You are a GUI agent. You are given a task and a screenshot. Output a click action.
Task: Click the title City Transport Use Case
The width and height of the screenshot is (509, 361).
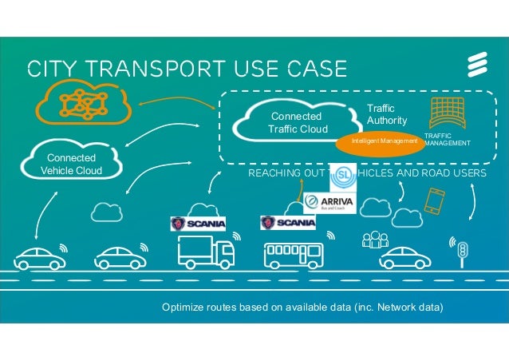coord(187,68)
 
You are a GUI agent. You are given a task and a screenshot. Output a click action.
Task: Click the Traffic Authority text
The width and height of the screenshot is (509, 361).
coord(387,113)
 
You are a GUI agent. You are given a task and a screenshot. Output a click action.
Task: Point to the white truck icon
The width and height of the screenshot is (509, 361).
coord(205,252)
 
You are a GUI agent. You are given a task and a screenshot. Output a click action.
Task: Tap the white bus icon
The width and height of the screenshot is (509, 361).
coord(293,253)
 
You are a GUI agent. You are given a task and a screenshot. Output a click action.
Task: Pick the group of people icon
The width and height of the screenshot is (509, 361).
coord(373,240)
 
